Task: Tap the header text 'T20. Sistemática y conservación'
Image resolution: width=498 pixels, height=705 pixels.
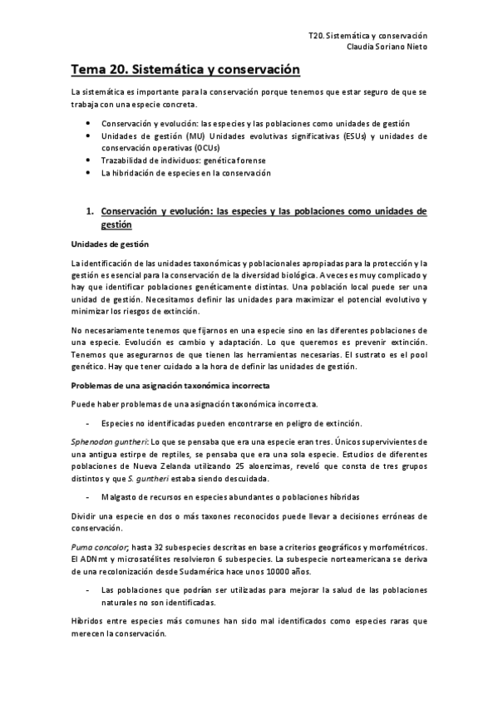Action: tap(367, 37)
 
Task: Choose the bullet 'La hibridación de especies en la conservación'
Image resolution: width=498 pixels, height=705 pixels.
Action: tap(185, 173)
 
